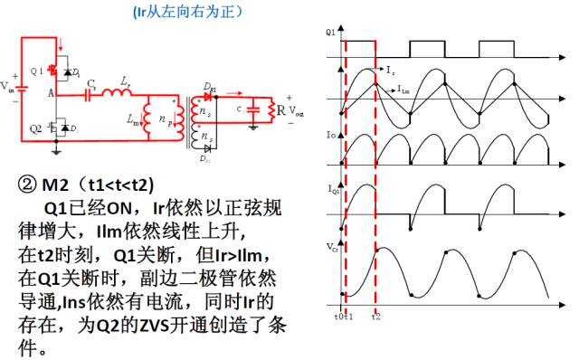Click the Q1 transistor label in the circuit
coord(36,70)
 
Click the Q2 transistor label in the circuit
coord(36,127)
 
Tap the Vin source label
coord(7,87)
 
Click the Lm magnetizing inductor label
coord(135,118)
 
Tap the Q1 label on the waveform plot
coord(331,32)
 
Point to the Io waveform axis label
coord(331,134)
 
